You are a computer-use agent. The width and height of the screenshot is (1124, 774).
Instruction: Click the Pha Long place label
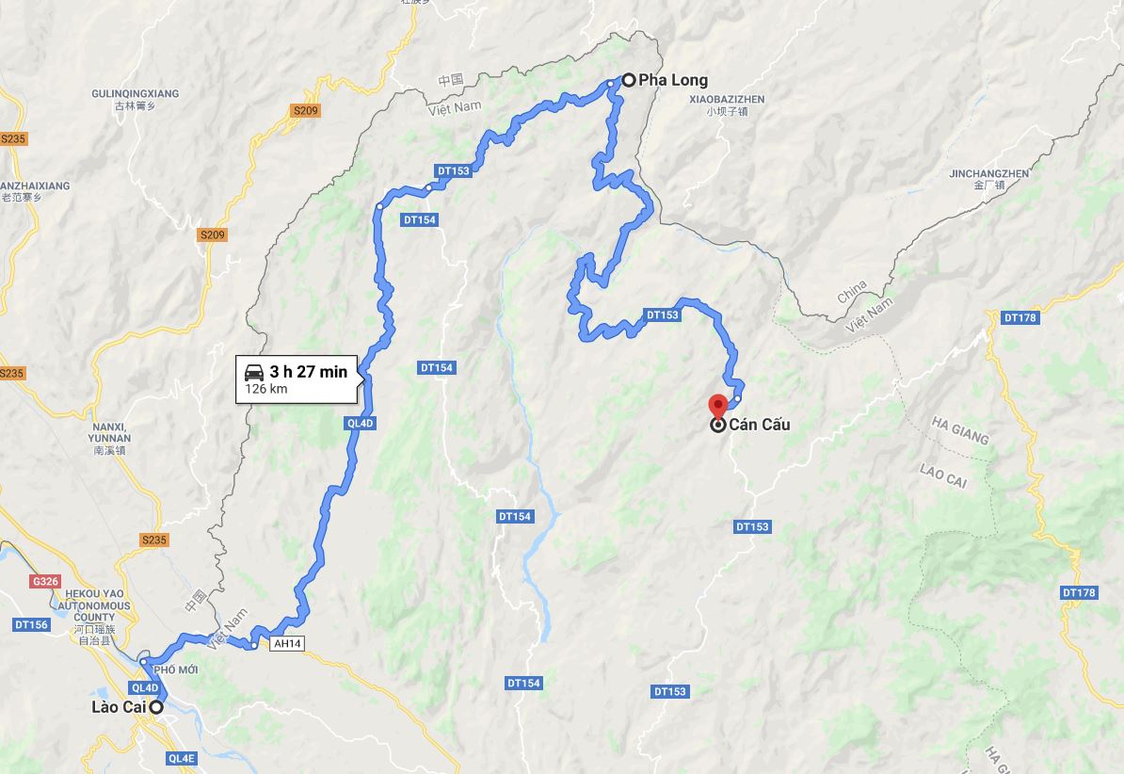click(x=672, y=80)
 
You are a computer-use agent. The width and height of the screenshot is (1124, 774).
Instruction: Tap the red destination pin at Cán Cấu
click(x=718, y=405)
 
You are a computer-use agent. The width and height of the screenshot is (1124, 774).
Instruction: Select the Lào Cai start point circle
click(x=156, y=707)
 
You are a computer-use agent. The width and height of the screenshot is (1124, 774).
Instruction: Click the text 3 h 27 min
click(x=308, y=372)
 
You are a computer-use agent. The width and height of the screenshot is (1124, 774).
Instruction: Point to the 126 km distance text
click(x=266, y=388)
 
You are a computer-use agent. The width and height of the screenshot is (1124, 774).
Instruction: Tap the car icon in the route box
click(x=254, y=371)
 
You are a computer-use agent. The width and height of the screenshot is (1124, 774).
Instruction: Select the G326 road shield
click(x=44, y=582)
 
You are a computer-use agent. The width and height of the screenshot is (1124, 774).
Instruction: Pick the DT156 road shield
click(x=31, y=624)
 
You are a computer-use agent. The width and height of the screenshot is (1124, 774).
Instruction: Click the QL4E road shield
click(x=182, y=758)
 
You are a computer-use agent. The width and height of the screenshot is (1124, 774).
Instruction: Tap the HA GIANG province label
click(x=959, y=430)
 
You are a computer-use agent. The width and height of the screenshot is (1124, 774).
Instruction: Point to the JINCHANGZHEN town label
click(x=989, y=174)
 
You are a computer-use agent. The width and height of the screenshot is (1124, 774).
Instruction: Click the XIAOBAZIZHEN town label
click(x=728, y=99)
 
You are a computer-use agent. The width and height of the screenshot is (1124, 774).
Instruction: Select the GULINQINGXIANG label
click(x=135, y=94)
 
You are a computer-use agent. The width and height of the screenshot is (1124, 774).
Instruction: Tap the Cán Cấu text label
click(x=759, y=425)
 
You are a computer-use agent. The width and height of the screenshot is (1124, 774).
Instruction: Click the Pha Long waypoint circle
click(x=628, y=80)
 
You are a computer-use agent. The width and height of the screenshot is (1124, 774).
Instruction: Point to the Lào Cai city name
click(x=118, y=707)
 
